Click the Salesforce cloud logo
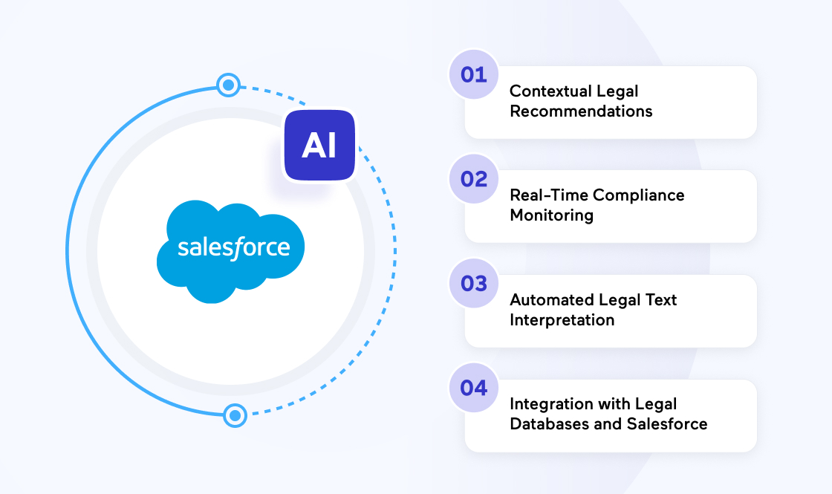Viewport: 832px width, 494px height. [x=231, y=252]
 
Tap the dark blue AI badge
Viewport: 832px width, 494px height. [x=319, y=145]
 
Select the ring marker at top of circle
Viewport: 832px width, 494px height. [x=229, y=85]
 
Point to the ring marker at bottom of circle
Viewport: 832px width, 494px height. [x=235, y=415]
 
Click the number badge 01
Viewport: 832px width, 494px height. [x=474, y=74]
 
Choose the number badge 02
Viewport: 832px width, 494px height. [x=474, y=179]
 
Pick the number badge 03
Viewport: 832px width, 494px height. [x=474, y=283]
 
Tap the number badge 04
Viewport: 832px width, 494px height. [x=474, y=388]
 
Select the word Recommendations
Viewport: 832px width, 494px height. [x=581, y=111]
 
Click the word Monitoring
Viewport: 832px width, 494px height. [x=552, y=216]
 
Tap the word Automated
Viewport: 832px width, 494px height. [x=549, y=300]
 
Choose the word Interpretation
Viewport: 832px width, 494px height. [x=562, y=320]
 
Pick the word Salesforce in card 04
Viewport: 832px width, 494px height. [x=667, y=424]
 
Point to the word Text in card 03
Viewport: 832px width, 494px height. [x=660, y=300]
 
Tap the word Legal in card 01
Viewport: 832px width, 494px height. [x=617, y=91]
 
